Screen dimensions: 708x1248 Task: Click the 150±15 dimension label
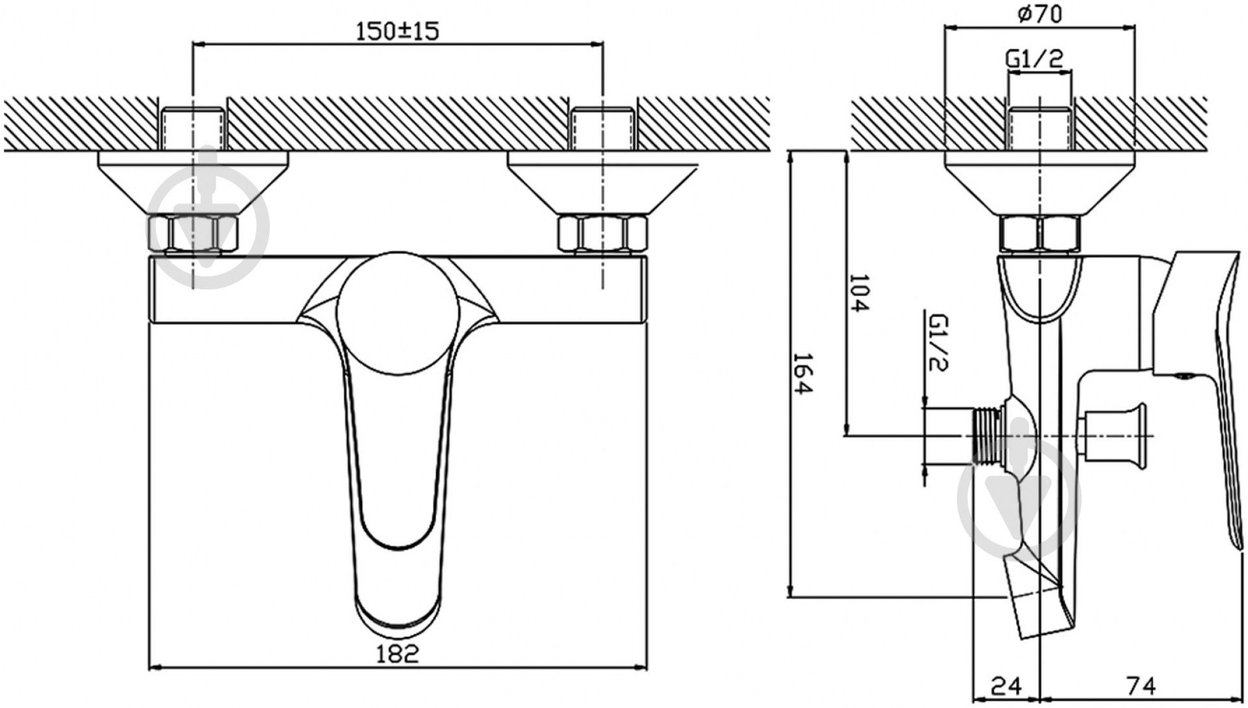click(397, 31)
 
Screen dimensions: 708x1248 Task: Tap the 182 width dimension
click(397, 653)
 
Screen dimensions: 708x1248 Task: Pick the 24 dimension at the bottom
click(1006, 686)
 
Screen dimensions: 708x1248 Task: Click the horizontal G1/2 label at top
click(1035, 58)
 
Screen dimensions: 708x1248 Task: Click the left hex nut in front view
click(193, 234)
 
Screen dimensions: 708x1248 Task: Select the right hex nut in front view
click(603, 234)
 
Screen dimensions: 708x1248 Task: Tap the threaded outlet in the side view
click(988, 436)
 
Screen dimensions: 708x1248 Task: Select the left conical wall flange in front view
click(193, 182)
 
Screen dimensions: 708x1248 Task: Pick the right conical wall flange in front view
click(603, 182)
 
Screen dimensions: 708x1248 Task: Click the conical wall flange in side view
click(1039, 182)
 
